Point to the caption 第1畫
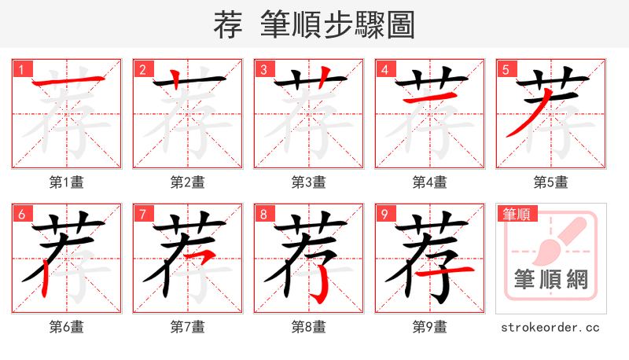(x=66, y=182)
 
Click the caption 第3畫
(x=308, y=182)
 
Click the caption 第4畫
(x=429, y=182)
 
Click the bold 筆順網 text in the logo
(x=550, y=279)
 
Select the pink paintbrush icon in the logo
(x=555, y=241)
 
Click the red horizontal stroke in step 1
(x=67, y=81)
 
